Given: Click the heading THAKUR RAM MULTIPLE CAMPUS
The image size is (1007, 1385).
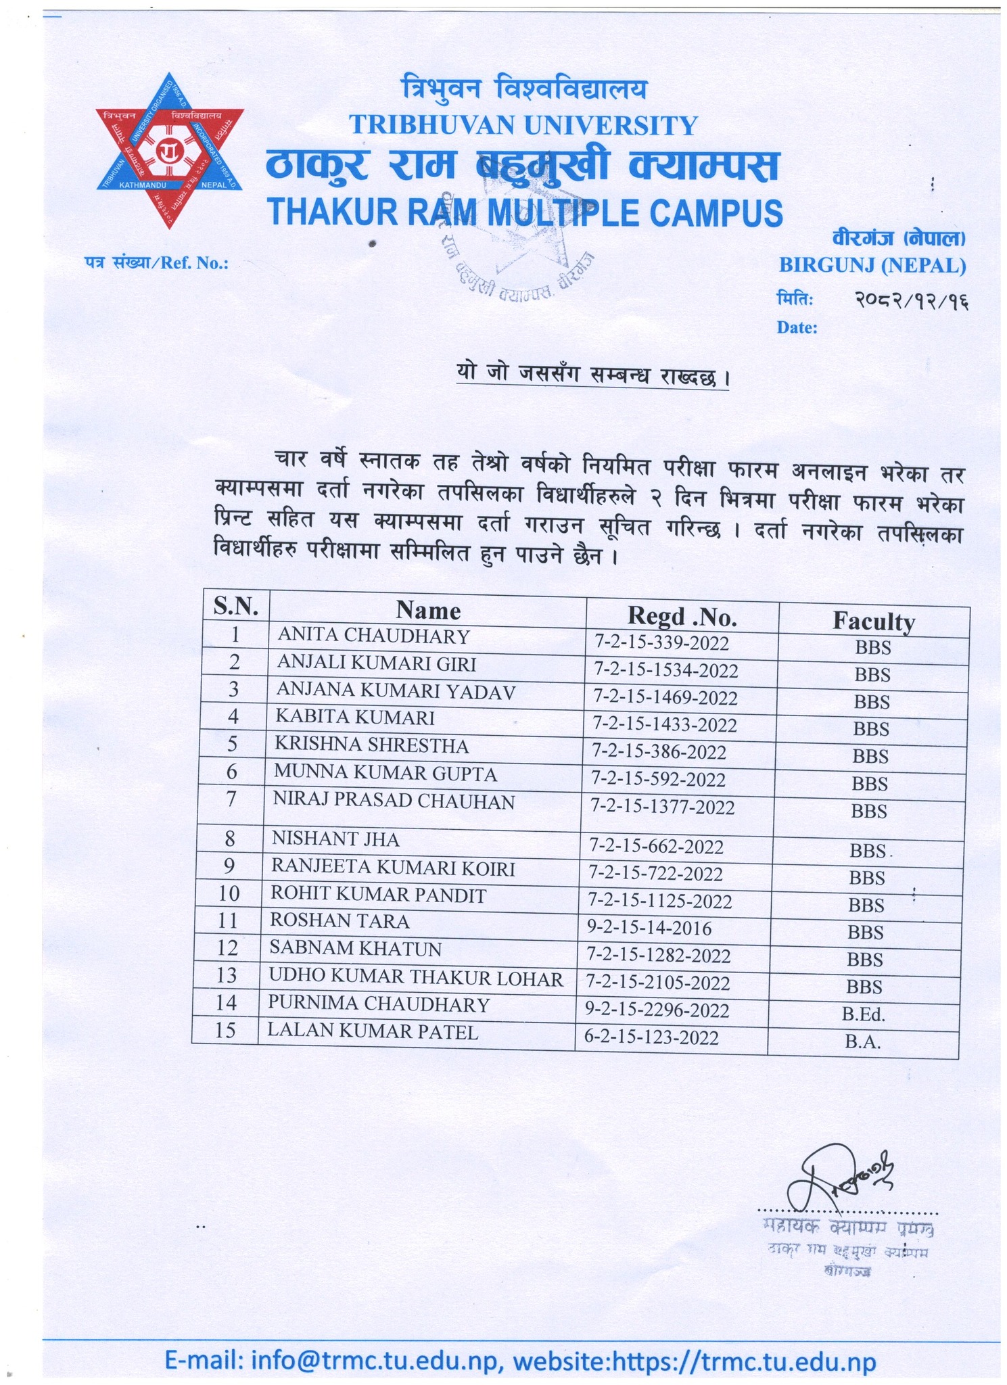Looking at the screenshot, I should (525, 212).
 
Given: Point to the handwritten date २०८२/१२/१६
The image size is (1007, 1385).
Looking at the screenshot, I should (910, 300).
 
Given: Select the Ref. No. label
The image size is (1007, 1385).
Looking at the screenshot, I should (157, 263).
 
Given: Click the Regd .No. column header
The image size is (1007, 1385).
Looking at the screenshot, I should (682, 615).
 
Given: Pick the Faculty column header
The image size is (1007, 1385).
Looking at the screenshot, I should (873, 620).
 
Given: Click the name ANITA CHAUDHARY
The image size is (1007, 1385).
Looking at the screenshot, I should (373, 636).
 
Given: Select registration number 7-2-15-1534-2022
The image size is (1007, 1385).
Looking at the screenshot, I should (665, 670).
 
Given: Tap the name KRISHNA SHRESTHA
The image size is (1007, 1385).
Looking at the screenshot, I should (371, 745).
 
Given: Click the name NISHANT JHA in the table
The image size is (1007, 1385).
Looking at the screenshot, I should (335, 839).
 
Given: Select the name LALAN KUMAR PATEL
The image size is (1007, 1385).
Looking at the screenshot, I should (373, 1031).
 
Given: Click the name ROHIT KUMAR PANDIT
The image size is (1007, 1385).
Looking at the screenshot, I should (378, 895).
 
